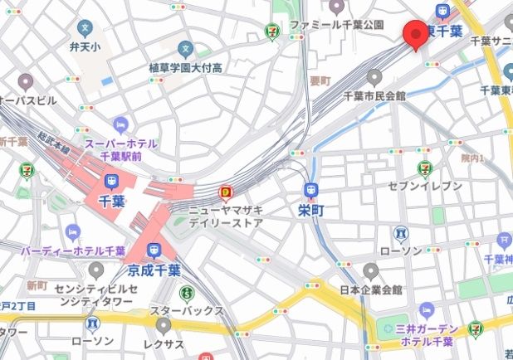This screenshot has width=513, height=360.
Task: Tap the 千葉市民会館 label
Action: [x=374, y=96]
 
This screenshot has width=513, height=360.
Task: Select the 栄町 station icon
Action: [x=310, y=189]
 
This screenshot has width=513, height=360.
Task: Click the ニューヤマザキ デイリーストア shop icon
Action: [x=226, y=193]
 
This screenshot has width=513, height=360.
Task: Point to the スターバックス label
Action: [x=187, y=311]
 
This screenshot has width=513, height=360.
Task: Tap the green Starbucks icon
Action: [x=187, y=293]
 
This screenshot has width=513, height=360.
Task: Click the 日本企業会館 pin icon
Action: [x=371, y=271]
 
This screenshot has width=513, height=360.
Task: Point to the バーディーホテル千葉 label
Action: [x=73, y=250]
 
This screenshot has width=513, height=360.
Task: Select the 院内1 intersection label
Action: [x=472, y=158]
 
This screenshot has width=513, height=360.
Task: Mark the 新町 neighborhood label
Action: [x=37, y=285]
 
